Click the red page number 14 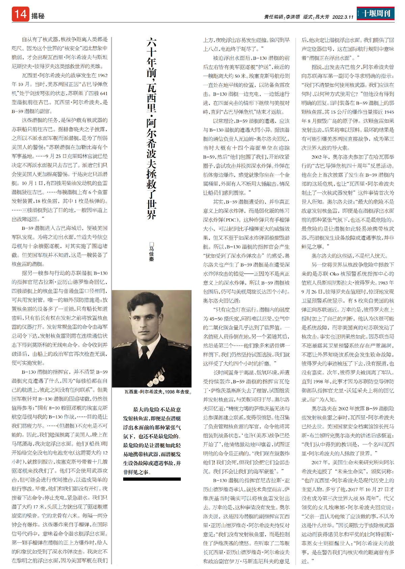pyautogui.click(x=20, y=14)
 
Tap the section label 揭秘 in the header pyautogui.click(x=38, y=16)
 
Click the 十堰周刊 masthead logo pyautogui.click(x=376, y=14)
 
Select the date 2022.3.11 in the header pyautogui.click(x=343, y=17)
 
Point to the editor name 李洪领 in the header pyautogui.click(x=293, y=17)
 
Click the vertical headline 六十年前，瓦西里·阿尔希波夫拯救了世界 pyautogui.click(x=152, y=128)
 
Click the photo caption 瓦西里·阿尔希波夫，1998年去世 pyautogui.click(x=158, y=392)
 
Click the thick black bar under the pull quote pyautogui.click(x=152, y=479)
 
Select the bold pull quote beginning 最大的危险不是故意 pyautogui.click(x=152, y=441)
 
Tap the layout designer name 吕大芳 pyautogui.click(x=322, y=17)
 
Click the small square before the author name pyautogui.click(x=152, y=244)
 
